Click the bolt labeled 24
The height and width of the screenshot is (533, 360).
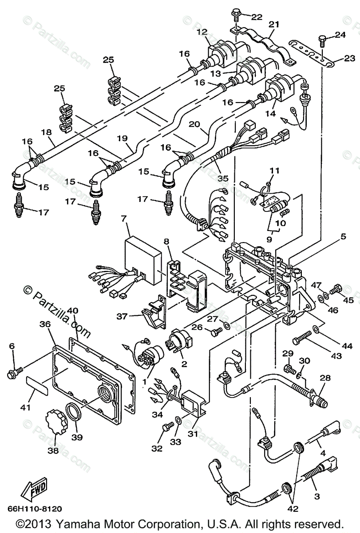click(321, 42)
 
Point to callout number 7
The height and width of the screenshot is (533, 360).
click(124, 219)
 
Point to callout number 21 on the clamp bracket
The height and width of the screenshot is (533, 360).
click(274, 24)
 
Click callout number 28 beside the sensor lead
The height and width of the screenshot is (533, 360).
click(325, 378)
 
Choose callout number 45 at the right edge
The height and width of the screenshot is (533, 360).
click(348, 300)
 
